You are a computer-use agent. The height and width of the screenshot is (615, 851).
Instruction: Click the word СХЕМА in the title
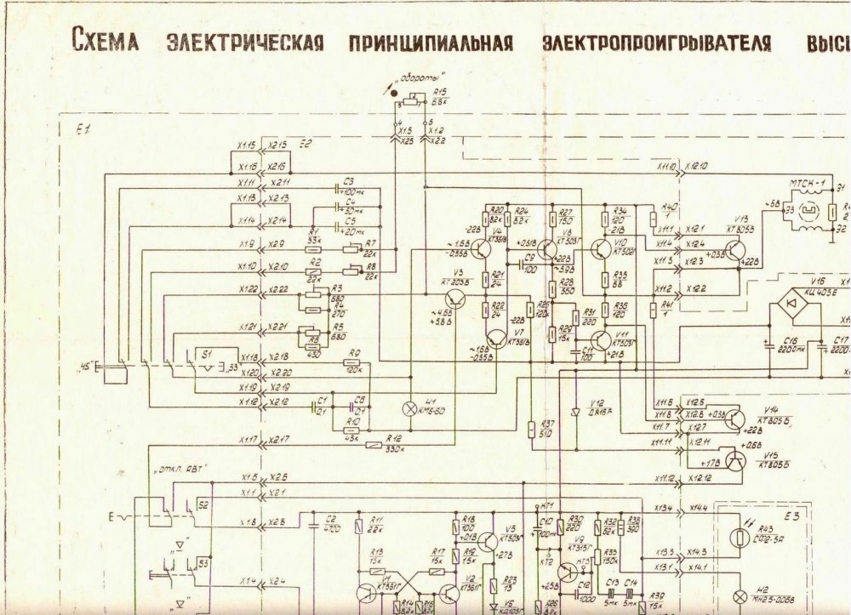tap(105, 41)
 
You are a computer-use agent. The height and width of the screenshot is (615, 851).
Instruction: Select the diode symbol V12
tap(574, 411)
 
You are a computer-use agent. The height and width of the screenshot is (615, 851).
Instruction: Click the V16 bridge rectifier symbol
tap(791, 304)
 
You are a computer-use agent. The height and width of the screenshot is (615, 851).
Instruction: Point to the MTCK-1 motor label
tap(807, 184)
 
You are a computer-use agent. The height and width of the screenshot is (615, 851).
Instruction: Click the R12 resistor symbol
tap(372, 444)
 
